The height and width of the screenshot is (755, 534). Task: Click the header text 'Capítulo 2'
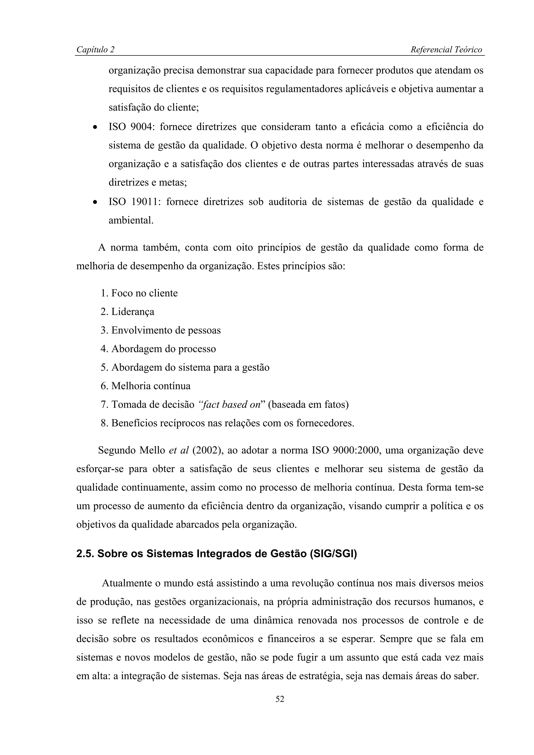point(95,50)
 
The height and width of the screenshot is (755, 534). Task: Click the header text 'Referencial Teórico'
point(446,50)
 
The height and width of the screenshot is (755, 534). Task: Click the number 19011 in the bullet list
point(146,202)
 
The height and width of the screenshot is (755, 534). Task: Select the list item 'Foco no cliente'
point(144,293)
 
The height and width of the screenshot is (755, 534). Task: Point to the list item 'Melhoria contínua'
point(151,386)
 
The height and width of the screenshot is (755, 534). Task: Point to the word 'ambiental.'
point(131,221)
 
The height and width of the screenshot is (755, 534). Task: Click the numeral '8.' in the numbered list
point(104,423)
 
